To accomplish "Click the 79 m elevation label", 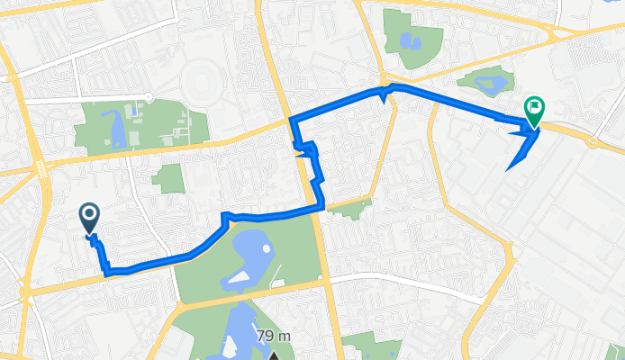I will coord(276,336).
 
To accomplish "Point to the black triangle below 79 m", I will coord(275,355).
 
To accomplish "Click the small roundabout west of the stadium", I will coord(149,97).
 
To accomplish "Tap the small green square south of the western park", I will coord(168,176).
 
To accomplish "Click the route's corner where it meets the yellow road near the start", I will coord(107,273).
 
